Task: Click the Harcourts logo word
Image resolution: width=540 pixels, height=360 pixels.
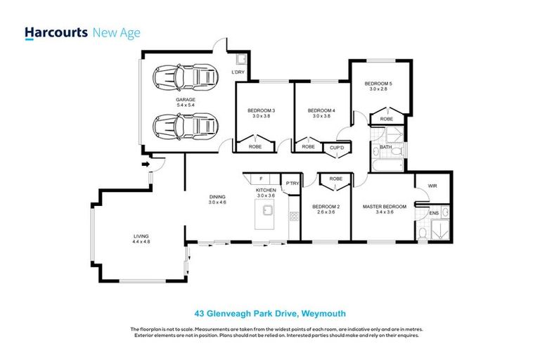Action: [56, 32]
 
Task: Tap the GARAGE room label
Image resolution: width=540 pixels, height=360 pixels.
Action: [186, 100]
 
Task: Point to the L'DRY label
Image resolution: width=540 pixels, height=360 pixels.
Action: [238, 72]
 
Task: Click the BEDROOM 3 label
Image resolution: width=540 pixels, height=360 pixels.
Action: [261, 110]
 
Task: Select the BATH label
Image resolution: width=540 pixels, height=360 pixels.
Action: [385, 147]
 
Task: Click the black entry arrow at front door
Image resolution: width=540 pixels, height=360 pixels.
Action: [146, 165]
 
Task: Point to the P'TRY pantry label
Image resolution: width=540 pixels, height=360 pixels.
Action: [292, 184]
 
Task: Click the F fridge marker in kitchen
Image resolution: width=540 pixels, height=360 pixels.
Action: [261, 179]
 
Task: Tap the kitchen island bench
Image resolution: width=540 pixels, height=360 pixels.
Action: [266, 216]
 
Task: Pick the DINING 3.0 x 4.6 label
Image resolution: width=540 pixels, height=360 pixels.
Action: [217, 199]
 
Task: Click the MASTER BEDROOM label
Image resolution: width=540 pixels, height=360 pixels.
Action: [385, 206]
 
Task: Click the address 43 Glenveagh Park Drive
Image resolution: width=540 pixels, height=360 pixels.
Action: [269, 314]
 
